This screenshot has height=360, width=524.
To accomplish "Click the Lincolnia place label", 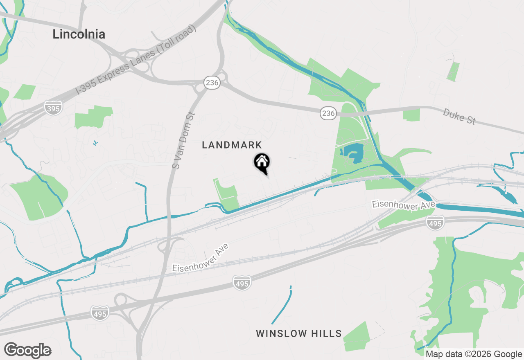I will (79, 34).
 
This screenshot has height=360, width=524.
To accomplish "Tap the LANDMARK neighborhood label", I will (232, 145).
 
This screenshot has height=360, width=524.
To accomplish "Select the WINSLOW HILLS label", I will (299, 333).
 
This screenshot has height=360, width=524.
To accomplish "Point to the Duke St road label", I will (459, 116).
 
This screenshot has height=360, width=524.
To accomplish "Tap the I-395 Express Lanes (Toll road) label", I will (136, 60).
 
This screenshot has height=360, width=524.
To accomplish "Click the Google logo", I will (28, 350).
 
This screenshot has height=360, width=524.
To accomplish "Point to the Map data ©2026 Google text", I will (474, 354).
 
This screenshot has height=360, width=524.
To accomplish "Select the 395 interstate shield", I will (53, 108).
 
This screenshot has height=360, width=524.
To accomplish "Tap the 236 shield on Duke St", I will (328, 114).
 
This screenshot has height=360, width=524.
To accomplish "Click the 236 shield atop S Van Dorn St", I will (212, 83).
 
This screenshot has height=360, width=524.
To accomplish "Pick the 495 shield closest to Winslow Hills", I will (242, 282).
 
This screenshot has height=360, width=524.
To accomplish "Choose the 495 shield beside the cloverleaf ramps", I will (100, 313).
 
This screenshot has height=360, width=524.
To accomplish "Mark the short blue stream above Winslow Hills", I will (282, 305).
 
